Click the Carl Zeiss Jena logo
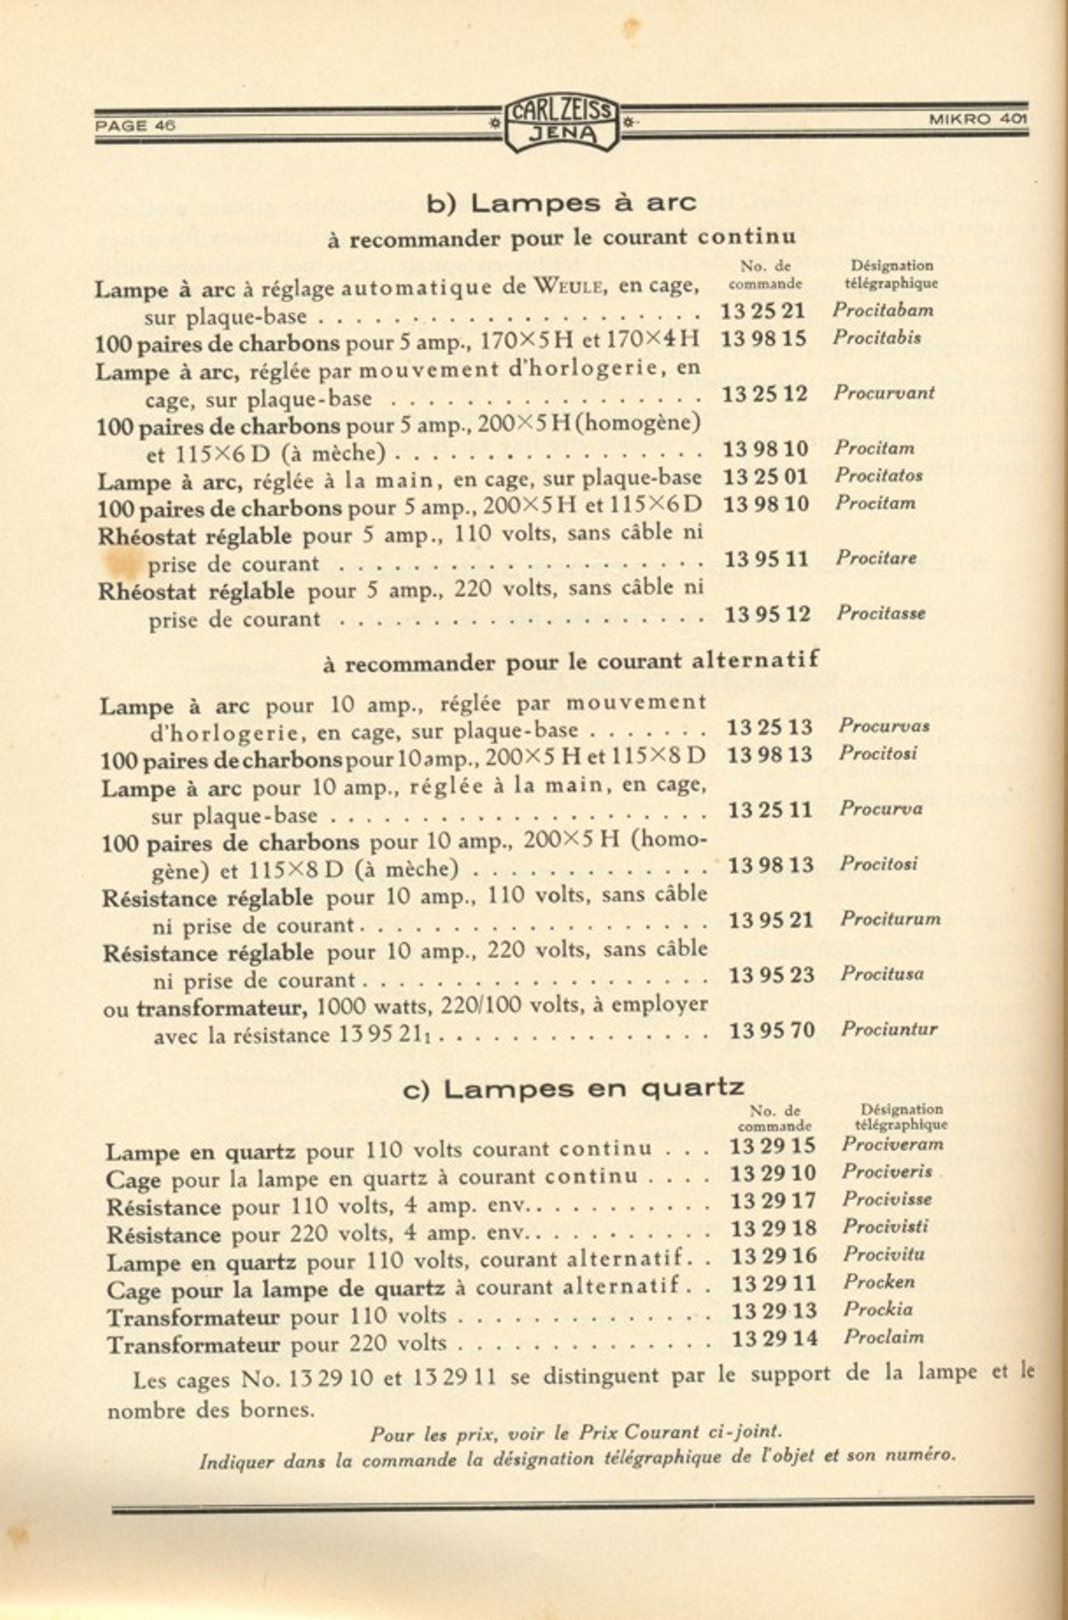coord(562,122)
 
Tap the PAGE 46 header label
coord(135,124)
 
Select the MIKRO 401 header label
coord(978,119)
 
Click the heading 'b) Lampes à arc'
coord(561,203)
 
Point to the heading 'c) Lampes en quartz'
coord(573,1089)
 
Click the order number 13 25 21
coord(763,311)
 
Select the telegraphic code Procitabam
coord(882,309)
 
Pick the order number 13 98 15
coord(763,338)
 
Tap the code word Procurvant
coord(884,393)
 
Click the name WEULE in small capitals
coord(570,286)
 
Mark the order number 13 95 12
coord(767,615)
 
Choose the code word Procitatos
coord(878,475)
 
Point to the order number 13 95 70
coord(772,1030)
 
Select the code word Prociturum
coord(890,919)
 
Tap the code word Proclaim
coord(883,1338)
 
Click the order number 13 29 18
coord(773,1228)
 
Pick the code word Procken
coord(879,1282)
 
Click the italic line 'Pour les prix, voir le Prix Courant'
coord(575,1433)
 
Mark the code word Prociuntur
coord(888,1029)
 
